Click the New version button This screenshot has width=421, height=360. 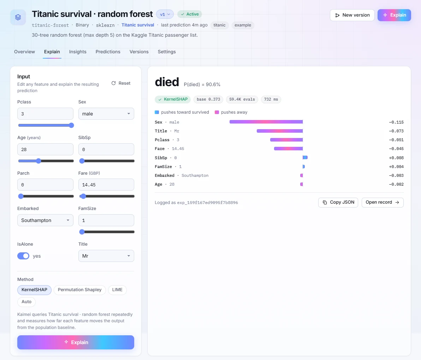[x=352, y=15]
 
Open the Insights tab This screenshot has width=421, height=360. [x=78, y=52]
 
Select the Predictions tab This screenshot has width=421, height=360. [x=108, y=52]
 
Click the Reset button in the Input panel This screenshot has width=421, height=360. [x=121, y=83]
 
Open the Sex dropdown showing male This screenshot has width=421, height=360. [x=106, y=114]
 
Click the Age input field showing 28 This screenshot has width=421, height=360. [x=45, y=149]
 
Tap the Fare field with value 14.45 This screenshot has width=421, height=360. [x=106, y=185]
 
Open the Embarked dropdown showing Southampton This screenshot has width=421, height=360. [x=45, y=220]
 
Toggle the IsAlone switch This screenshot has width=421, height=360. [x=23, y=256]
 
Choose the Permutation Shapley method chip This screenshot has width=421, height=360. [x=79, y=290]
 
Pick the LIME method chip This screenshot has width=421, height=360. [x=117, y=290]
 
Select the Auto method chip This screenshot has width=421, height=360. [x=26, y=302]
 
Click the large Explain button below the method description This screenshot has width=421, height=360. [x=76, y=342]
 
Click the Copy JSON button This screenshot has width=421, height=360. [x=338, y=202]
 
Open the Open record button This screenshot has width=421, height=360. [x=383, y=202]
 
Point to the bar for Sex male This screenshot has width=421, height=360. [x=266, y=122]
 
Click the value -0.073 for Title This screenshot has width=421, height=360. [x=396, y=131]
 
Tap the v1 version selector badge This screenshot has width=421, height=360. [x=165, y=14]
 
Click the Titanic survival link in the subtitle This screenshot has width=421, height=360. [x=138, y=25]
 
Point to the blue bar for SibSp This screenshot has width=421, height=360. [x=305, y=157]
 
